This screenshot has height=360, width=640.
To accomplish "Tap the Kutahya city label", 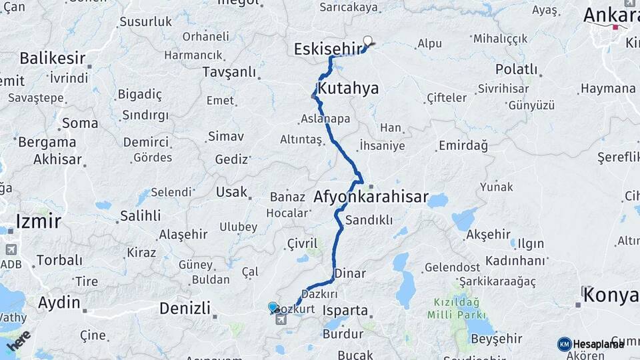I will coord(348,89).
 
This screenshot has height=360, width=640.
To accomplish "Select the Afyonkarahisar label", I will coord(371,197).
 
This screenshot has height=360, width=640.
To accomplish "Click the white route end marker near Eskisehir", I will coord(367,41).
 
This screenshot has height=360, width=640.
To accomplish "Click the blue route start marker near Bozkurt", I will coord(273,307).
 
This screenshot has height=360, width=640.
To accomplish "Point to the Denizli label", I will coord(185,308).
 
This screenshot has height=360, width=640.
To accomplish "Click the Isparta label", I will coord(345,311).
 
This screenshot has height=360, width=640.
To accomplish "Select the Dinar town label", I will coord(350,273).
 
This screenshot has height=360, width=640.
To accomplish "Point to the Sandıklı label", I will coord(369,219).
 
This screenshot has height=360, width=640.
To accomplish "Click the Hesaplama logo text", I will coord(598,344).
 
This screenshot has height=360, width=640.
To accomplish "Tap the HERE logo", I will coord(18,339).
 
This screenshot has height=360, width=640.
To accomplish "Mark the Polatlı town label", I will coord(516,69).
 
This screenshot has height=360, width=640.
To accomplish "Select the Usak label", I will coord(231,192).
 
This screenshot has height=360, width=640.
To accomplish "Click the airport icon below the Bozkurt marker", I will coord(280,319).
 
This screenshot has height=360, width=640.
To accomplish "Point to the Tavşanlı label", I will coord(229,71).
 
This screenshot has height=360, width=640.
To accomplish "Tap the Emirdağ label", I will coord(463,145).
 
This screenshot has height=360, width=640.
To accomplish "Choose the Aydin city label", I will coord(59,303).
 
